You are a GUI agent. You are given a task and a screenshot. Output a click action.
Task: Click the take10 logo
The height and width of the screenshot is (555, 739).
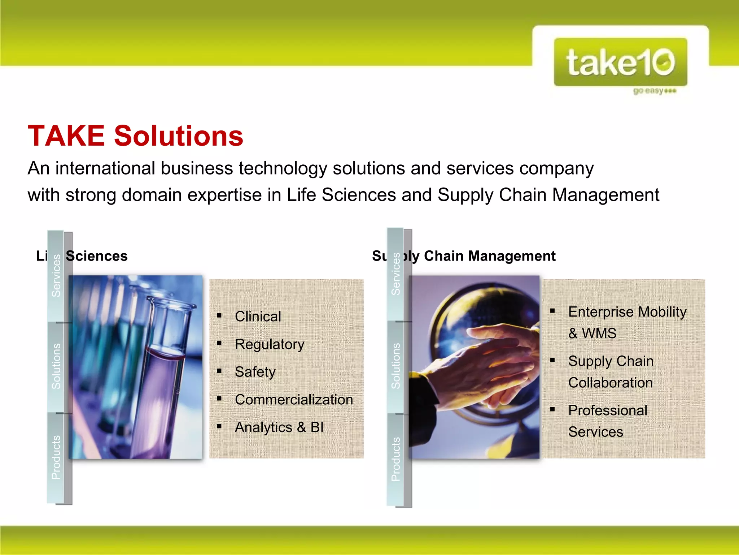pyautogui.click(x=620, y=62)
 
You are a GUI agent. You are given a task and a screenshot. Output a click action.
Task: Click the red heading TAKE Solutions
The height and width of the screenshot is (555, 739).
pyautogui.click(x=136, y=136)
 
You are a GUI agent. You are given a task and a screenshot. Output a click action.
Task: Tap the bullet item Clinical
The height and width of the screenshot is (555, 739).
pyautogui.click(x=258, y=317)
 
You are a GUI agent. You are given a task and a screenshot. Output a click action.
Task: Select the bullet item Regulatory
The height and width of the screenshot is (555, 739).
pyautogui.click(x=270, y=344)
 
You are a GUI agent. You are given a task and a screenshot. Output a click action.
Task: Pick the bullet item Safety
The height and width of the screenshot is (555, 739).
pyautogui.click(x=255, y=372)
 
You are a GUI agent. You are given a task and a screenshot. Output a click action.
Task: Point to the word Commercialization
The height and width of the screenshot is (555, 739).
pyautogui.click(x=294, y=400)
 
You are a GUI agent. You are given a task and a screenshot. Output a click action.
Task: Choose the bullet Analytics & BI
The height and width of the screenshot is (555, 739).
pyautogui.click(x=279, y=427)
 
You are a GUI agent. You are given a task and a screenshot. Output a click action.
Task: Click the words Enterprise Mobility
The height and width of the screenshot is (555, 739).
pyautogui.click(x=627, y=312)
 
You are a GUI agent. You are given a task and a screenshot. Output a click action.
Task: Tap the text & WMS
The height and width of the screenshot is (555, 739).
pyautogui.click(x=592, y=333)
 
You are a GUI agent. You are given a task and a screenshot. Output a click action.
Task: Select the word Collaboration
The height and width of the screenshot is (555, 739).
pyautogui.click(x=611, y=383)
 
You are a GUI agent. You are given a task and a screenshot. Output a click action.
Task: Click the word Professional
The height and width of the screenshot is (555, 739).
pyautogui.click(x=608, y=410)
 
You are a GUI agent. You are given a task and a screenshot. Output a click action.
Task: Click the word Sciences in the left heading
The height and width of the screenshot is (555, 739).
pyautogui.click(x=97, y=256)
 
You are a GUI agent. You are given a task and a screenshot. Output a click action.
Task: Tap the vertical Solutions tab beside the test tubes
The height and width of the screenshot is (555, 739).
pyautogui.click(x=56, y=366)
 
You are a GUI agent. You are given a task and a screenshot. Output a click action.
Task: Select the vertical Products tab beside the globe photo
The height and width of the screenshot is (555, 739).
pyautogui.click(x=396, y=459)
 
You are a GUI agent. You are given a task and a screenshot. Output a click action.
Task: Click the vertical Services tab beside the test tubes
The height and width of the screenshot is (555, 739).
pyautogui.click(x=56, y=275)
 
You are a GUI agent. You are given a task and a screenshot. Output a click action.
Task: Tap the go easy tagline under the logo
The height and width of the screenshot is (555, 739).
pyautogui.click(x=654, y=91)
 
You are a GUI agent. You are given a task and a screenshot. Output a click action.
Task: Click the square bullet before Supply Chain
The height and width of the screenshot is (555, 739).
pyautogui.click(x=552, y=360)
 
